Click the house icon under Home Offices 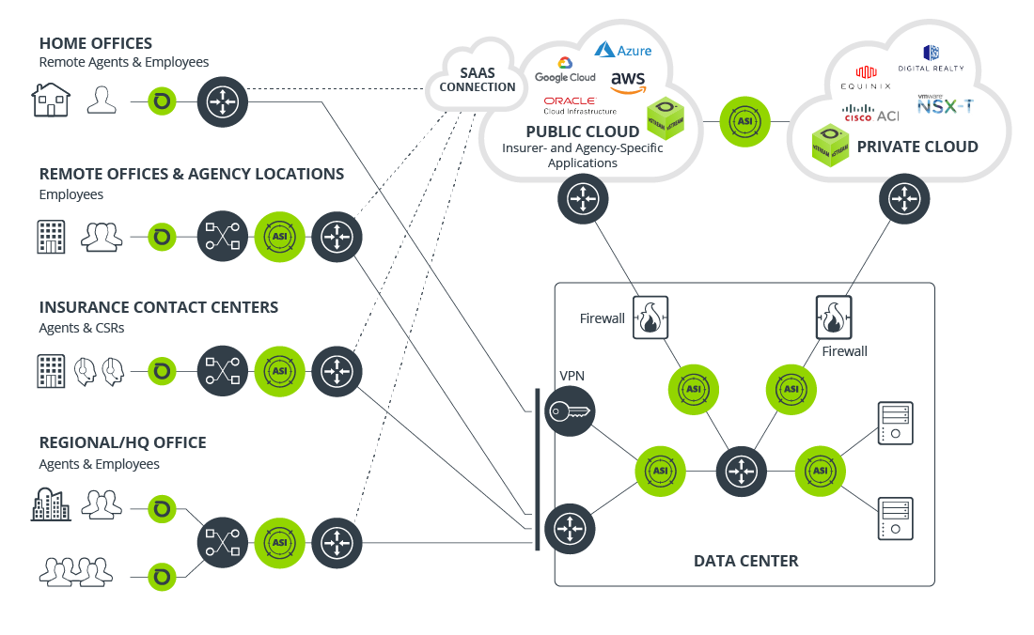pyautogui.click(x=51, y=100)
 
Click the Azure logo pyautogui.click(x=622, y=50)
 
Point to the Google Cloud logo pyautogui.click(x=565, y=70)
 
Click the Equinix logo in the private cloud pyautogui.click(x=865, y=77)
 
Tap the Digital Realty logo pyautogui.click(x=931, y=58)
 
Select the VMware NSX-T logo pyautogui.click(x=945, y=104)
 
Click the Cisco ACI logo pyautogui.click(x=869, y=115)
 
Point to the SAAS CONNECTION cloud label pyautogui.click(x=478, y=80)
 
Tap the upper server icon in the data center pyautogui.click(x=894, y=423)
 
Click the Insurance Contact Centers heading pyautogui.click(x=158, y=307)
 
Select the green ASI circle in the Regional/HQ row pyautogui.click(x=279, y=542)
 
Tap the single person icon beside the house pyautogui.click(x=102, y=100)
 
